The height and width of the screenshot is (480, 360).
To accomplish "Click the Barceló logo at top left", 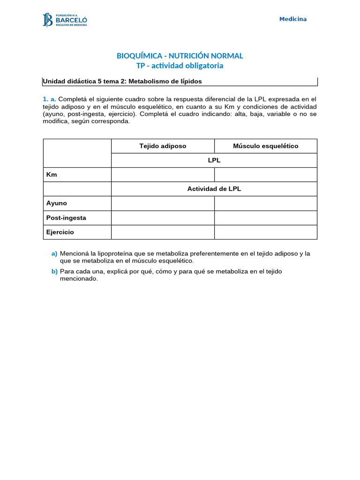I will pos(65,20).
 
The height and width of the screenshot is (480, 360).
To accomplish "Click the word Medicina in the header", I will pos(293,19).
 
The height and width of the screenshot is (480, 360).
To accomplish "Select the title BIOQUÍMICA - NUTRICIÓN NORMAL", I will pos(180,56).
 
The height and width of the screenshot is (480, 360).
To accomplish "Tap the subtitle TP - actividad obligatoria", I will pos(180,66).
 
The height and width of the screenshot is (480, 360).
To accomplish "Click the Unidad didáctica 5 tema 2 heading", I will pos(122,82).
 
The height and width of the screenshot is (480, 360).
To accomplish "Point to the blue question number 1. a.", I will pos(49,99).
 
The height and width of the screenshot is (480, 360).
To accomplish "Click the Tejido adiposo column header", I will pos(163,146).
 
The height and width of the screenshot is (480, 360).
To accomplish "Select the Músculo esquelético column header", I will pos(265,146).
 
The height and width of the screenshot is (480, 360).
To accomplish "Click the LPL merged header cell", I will pos(214,160).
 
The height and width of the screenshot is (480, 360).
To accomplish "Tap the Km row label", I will pos(52,175).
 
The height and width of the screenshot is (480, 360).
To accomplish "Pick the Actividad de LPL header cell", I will pos(214,189).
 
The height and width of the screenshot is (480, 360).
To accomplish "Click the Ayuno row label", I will pos(56,203).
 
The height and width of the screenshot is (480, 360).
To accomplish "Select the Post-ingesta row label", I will pos(66,218).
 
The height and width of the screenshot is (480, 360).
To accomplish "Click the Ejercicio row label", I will pos(60,232).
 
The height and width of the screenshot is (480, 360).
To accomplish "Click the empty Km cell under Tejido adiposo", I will pos(163,175).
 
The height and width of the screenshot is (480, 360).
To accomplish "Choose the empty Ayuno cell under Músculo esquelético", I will pos(265,203).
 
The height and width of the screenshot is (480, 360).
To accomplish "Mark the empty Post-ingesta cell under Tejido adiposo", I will pos(163,218).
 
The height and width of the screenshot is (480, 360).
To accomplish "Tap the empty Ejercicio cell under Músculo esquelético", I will pos(265,232).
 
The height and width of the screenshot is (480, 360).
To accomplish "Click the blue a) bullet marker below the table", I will pos(54,254).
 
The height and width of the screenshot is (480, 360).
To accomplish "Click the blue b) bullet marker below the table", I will pos(54,271).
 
